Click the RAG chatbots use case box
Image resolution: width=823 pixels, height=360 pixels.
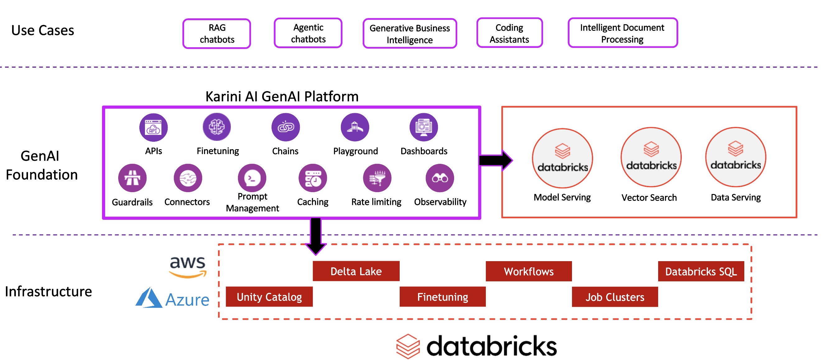click(x=216, y=34)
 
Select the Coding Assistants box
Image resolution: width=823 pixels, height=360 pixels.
click(x=509, y=33)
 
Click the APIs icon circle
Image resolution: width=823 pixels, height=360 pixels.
click(x=153, y=127)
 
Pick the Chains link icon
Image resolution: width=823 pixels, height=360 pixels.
click(x=285, y=127)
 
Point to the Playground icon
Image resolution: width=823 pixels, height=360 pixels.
click(x=355, y=127)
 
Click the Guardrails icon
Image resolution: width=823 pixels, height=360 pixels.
click(x=132, y=178)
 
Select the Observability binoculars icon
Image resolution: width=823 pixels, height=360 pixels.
click(x=439, y=178)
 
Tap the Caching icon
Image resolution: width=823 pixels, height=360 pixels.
click(x=313, y=178)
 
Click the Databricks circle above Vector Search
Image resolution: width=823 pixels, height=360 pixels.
click(x=651, y=157)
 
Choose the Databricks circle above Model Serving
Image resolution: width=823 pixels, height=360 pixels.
click(x=562, y=159)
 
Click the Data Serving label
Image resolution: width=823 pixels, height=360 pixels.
click(x=736, y=197)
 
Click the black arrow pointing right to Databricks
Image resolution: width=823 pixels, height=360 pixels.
click(x=495, y=160)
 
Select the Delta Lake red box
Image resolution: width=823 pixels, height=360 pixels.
click(x=356, y=271)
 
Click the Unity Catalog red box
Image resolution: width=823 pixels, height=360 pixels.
click(x=269, y=297)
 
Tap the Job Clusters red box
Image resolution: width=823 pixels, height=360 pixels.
click(x=615, y=297)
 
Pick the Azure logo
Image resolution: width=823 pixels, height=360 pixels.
click(x=173, y=299)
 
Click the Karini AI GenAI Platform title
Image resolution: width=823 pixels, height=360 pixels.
click(x=282, y=96)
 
